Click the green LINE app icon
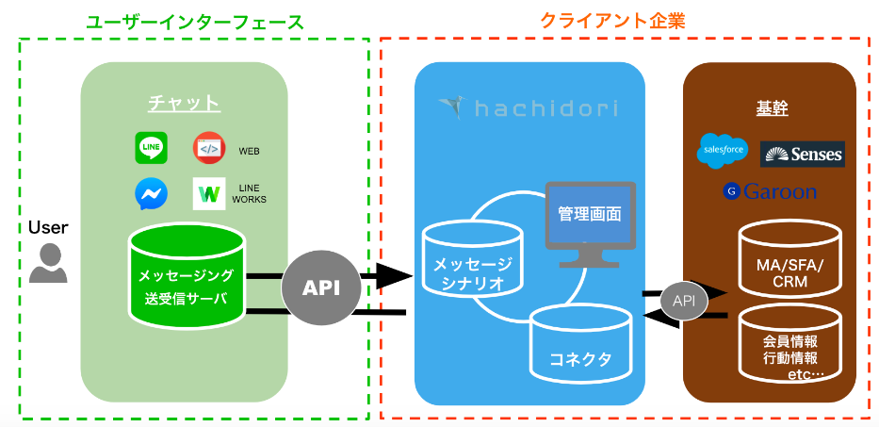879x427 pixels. [151, 147]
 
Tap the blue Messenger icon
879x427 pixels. [151, 193]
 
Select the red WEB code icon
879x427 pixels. [209, 149]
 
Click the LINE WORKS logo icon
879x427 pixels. [208, 194]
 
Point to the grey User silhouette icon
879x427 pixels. [48, 264]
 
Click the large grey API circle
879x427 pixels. [320, 287]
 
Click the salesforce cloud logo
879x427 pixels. [723, 149]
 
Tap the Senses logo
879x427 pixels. [802, 154]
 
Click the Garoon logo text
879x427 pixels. [770, 191]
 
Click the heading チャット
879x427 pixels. [184, 102]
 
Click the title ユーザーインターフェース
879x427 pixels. [195, 21]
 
